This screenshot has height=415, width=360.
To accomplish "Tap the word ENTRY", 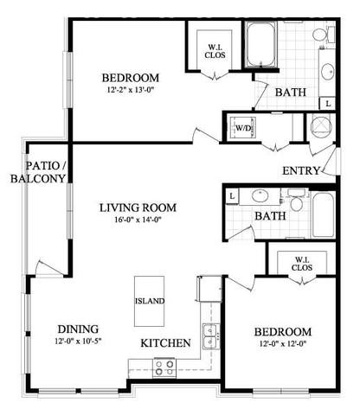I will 301,170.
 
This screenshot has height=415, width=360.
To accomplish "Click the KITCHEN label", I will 165,343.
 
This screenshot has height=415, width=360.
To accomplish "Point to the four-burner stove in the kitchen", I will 164,366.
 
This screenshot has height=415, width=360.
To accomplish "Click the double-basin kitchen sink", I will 209,333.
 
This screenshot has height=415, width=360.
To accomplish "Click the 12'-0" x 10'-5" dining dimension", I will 77,342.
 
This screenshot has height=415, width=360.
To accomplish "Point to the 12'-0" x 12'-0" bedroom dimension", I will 282,344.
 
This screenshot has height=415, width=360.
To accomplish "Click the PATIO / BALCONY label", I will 37,171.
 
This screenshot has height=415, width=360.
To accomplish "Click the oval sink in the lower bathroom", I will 260,195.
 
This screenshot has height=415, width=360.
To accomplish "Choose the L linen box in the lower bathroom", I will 233,195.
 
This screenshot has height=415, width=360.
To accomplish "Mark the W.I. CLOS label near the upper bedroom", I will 215,50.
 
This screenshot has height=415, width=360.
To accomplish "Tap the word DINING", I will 78,329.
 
